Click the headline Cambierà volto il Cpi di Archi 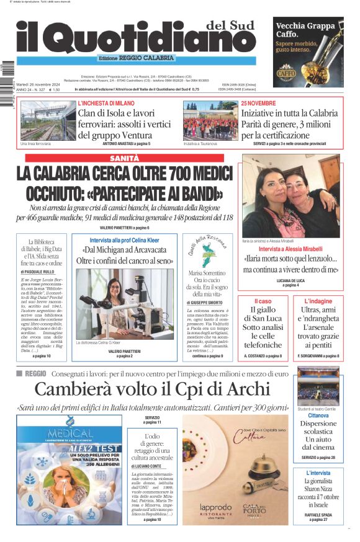[152, 389]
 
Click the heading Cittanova [318, 416]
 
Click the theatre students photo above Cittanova [318, 386]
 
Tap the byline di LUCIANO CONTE [147, 465]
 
